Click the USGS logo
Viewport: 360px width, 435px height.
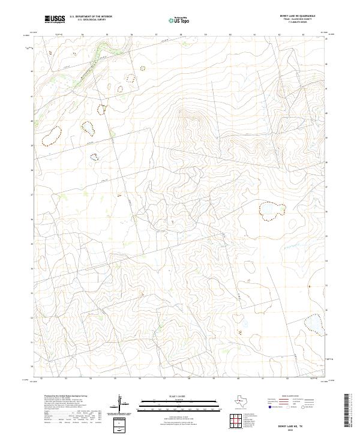(x=55, y=20)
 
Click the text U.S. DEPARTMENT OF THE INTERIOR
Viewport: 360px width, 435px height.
(x=91, y=17)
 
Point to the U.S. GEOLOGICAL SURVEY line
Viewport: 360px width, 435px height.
(x=91, y=20)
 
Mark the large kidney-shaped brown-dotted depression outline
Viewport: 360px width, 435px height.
(x=52, y=136)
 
